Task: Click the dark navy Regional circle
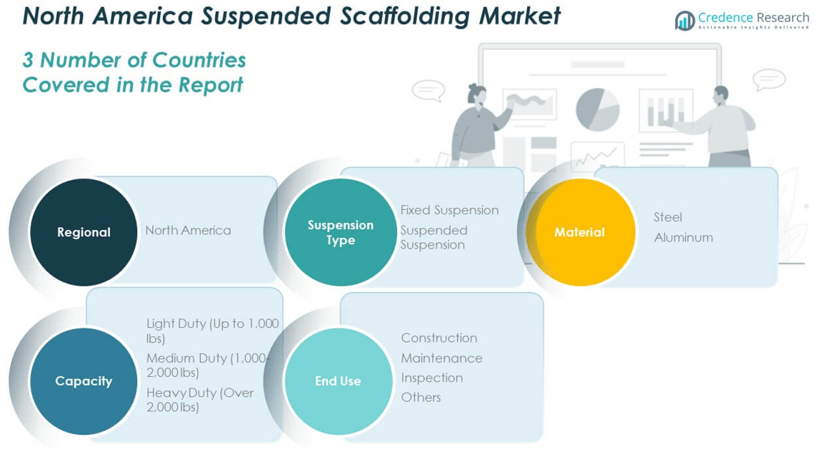point(84,232)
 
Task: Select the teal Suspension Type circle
point(340,232)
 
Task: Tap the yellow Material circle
point(579,232)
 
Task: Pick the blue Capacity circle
point(84,381)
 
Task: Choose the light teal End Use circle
point(338,381)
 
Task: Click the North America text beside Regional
point(188,230)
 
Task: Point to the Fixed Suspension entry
point(449,210)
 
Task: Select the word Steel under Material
point(668,217)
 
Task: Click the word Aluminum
point(684,237)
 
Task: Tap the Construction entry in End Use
point(439,338)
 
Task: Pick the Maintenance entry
point(441,358)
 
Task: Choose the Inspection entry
point(431,378)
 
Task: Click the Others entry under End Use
point(421,397)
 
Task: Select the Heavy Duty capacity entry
point(199,400)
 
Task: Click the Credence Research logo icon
point(684,21)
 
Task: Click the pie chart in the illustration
point(597,109)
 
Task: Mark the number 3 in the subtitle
point(28,61)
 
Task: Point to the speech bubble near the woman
point(428,91)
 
